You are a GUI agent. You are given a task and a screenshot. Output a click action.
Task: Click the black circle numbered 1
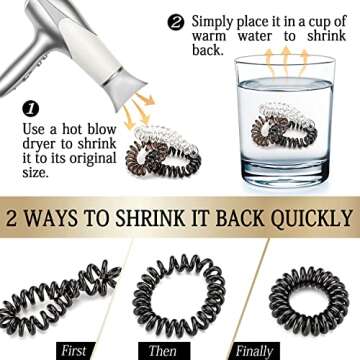click(31, 109)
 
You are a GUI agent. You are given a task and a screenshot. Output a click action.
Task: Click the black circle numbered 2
click(176, 23)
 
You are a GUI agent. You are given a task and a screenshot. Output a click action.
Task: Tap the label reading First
click(74, 351)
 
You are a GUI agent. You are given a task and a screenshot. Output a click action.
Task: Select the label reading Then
click(161, 351)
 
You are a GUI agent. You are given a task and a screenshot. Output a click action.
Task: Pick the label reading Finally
click(254, 351)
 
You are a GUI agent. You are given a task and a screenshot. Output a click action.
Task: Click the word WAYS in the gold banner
click(52, 219)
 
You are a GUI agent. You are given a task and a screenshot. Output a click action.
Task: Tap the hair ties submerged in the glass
click(284, 128)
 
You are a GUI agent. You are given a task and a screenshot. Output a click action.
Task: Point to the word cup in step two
click(311, 23)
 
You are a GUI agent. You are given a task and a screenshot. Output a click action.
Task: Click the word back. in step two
click(207, 49)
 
